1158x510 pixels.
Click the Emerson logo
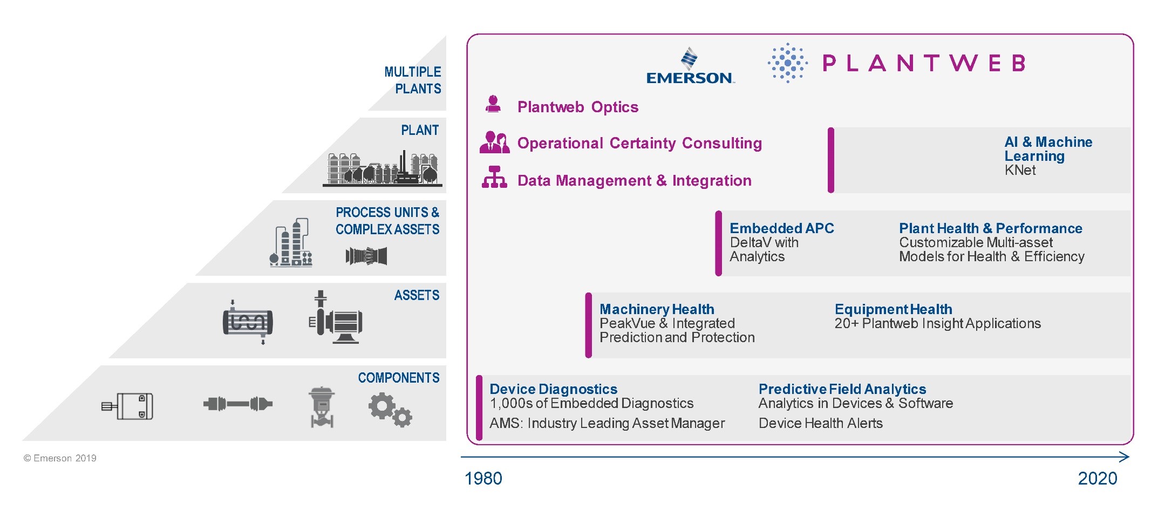tap(690, 66)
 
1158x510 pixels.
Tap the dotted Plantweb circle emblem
tap(788, 63)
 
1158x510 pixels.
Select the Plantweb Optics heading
tap(578, 107)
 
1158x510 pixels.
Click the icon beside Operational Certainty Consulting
tap(494, 142)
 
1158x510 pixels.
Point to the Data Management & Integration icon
tap(494, 177)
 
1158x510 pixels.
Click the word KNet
tap(1020, 171)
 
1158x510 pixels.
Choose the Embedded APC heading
tap(782, 228)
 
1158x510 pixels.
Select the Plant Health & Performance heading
tap(991, 228)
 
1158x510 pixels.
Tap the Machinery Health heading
tap(657, 309)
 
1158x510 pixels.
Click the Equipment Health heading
tap(894, 309)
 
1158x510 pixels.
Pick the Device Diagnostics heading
tap(554, 389)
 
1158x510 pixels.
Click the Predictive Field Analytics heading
tap(842, 389)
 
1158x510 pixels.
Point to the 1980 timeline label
tap(483, 479)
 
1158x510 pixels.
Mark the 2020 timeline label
tap(1098, 479)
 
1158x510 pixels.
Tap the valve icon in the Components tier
tap(322, 407)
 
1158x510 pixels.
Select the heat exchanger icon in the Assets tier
tap(248, 322)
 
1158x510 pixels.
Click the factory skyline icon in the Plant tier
tap(383, 168)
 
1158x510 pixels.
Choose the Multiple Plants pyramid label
tap(413, 80)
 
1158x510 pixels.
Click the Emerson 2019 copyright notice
tap(60, 458)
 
